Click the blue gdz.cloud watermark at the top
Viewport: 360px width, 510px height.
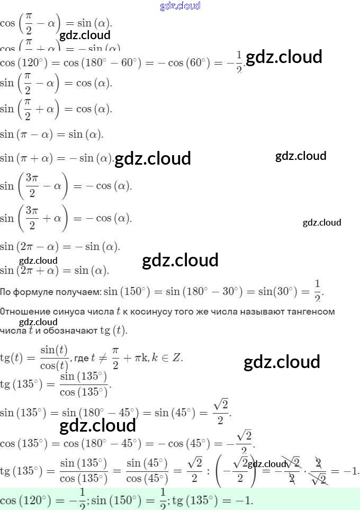coord(180,6)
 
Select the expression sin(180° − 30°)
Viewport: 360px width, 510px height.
coord(202,291)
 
